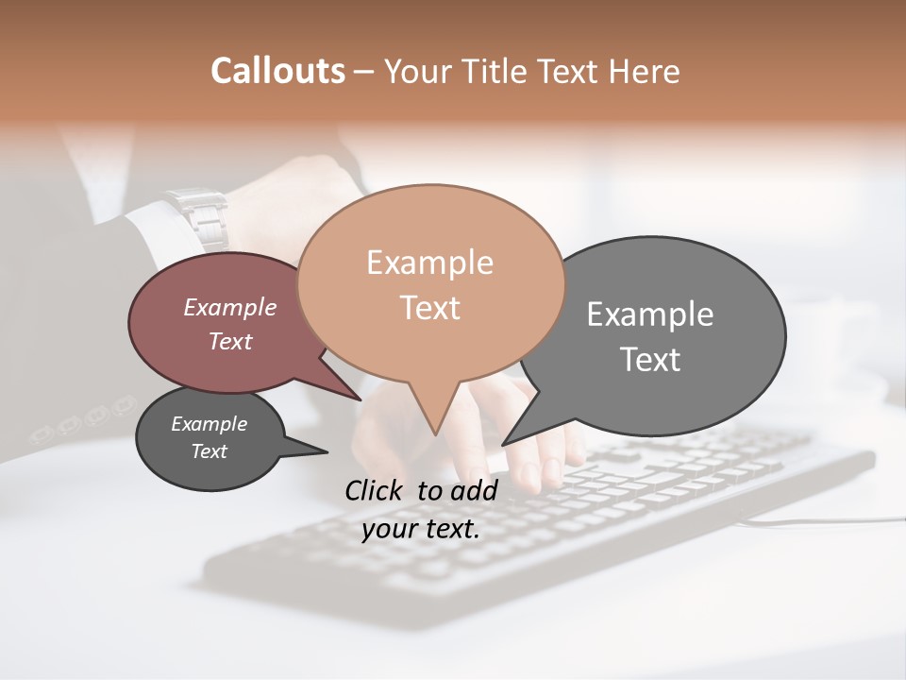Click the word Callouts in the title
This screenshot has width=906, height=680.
(277, 71)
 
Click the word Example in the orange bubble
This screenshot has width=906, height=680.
(429, 263)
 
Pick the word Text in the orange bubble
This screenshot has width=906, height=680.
(429, 308)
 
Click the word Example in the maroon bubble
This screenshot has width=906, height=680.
(229, 307)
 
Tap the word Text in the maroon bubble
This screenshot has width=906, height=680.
(229, 341)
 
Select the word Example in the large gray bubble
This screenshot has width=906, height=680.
(649, 314)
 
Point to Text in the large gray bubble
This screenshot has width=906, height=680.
(649, 360)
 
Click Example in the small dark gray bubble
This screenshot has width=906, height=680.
(209, 424)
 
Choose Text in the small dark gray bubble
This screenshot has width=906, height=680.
(209, 451)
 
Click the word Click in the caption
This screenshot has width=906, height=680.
(377, 490)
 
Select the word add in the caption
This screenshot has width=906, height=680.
(474, 490)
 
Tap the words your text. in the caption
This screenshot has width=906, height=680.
(421, 529)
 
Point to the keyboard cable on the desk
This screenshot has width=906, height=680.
(821, 520)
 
